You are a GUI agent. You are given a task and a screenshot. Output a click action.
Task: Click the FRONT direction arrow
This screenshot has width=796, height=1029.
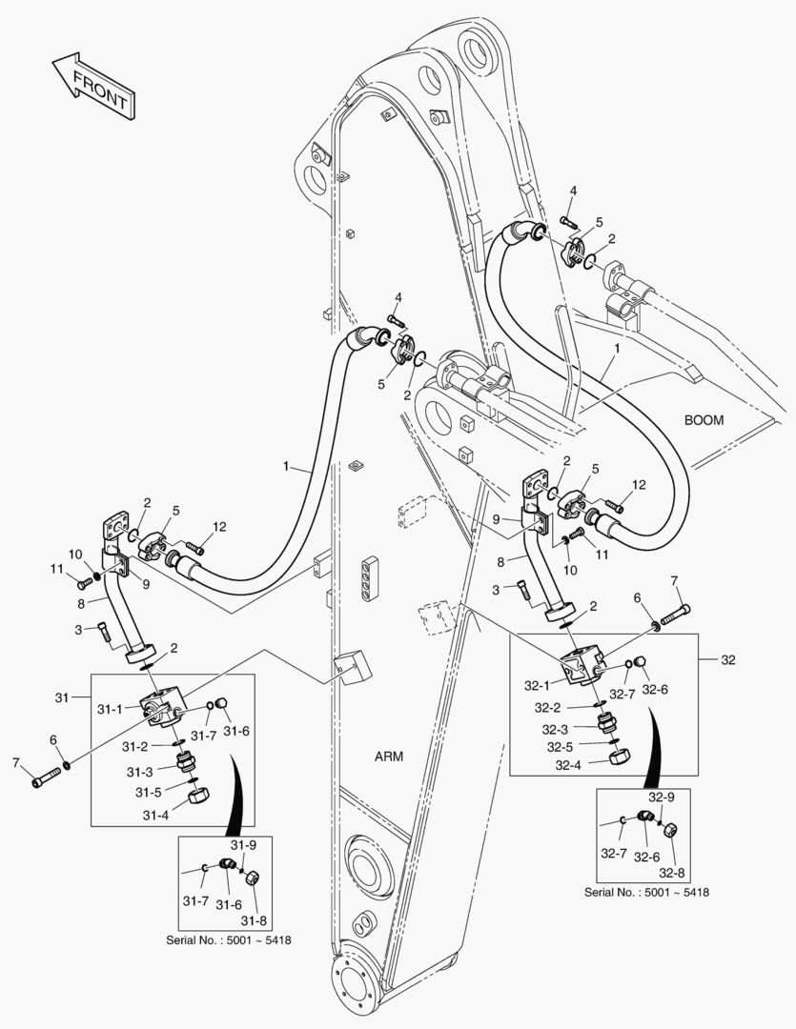click(92, 88)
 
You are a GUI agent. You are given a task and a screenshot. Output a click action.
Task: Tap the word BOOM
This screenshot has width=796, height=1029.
click(704, 420)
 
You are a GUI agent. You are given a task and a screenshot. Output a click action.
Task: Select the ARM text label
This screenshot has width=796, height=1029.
click(389, 757)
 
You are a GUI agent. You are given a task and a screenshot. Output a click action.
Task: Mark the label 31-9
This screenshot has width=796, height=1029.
click(243, 845)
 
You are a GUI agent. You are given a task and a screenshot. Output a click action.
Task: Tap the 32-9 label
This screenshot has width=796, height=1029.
click(662, 796)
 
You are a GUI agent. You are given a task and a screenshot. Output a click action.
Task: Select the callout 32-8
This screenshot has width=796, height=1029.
click(673, 871)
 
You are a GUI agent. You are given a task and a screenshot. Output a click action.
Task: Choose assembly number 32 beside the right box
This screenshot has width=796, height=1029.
click(728, 658)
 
